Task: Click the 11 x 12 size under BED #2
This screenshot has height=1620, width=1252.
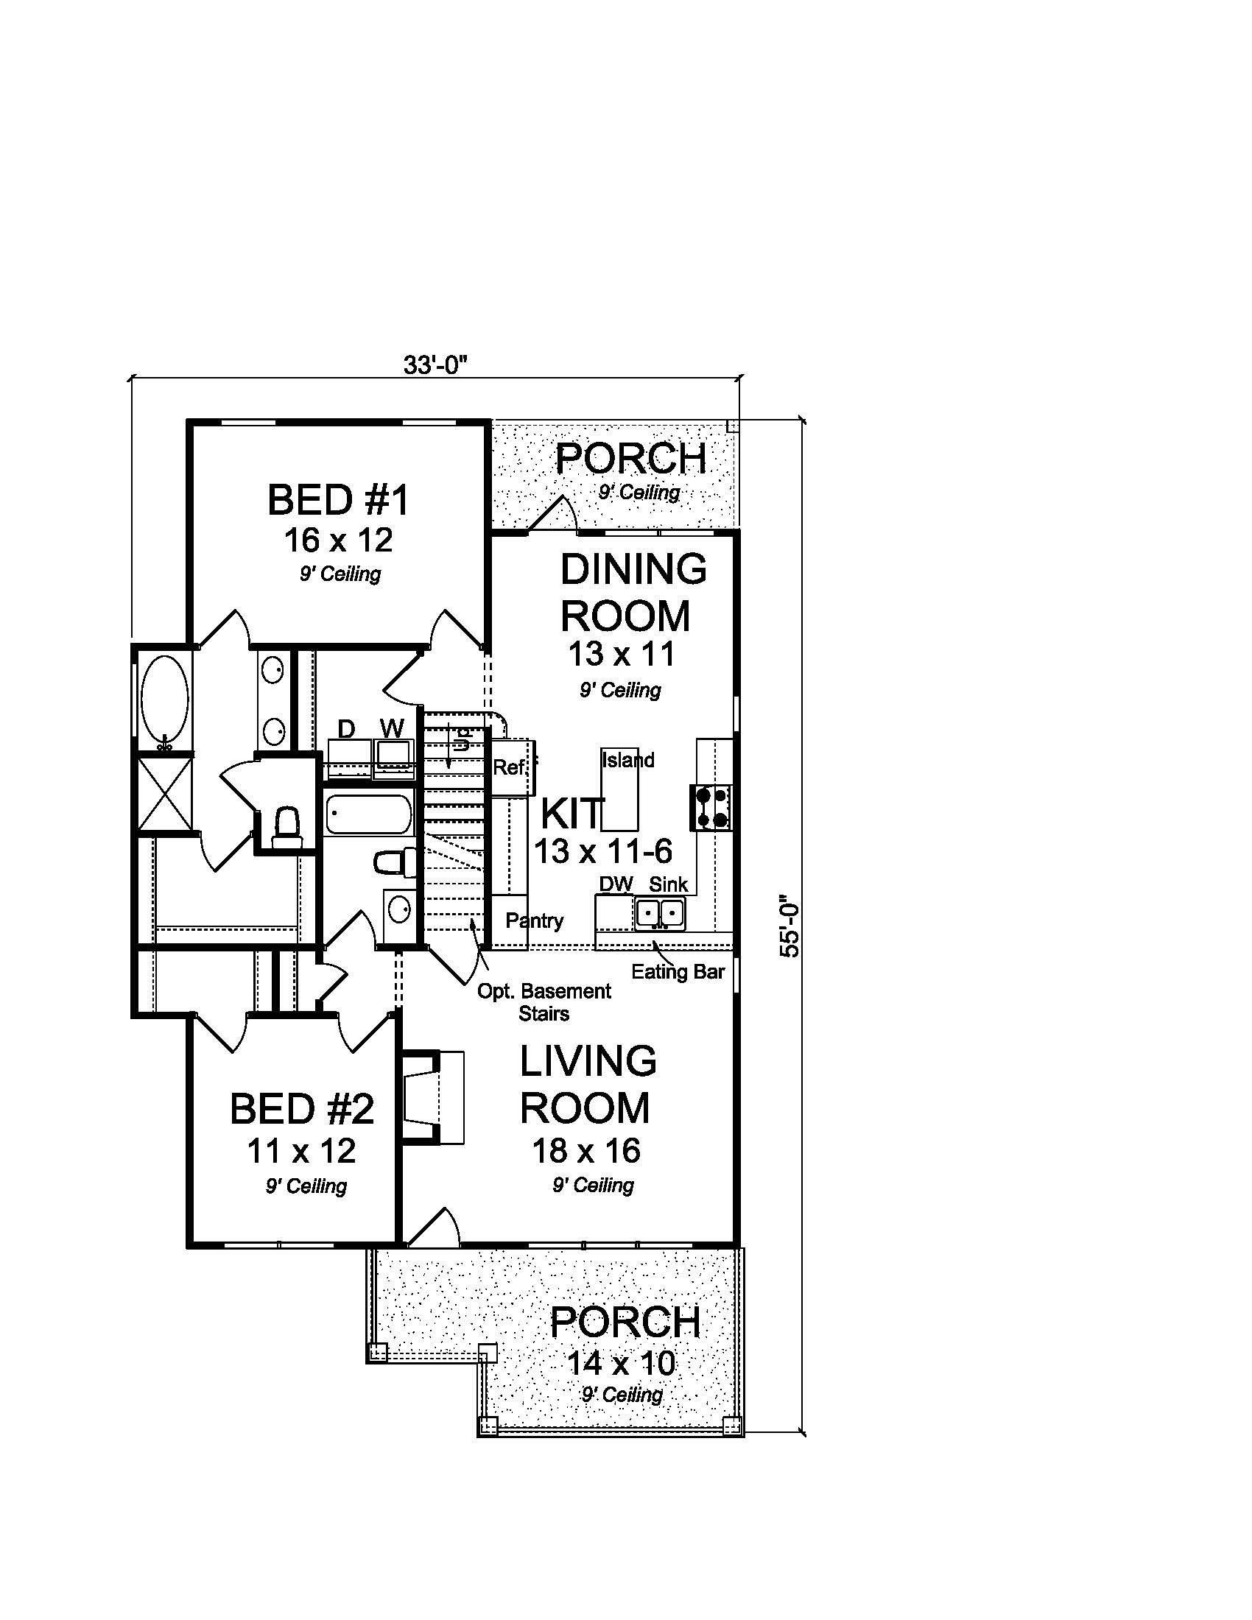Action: (x=301, y=1151)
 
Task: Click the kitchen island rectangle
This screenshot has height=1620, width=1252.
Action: (x=619, y=789)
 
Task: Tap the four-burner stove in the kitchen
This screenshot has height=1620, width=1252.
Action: (x=711, y=807)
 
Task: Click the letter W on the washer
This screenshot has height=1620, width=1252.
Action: (x=392, y=728)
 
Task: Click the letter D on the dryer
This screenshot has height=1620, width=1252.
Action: (x=345, y=729)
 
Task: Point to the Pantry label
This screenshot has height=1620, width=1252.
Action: (x=534, y=920)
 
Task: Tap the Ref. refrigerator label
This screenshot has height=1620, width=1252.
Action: (x=510, y=767)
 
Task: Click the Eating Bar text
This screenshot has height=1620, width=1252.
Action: (x=677, y=972)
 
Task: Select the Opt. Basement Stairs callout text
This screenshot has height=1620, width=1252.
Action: (x=544, y=1002)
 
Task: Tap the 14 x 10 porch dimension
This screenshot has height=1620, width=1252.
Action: (x=621, y=1363)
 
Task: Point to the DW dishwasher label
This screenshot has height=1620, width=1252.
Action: (x=616, y=884)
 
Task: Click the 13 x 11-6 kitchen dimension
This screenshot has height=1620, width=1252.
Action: (x=602, y=850)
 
